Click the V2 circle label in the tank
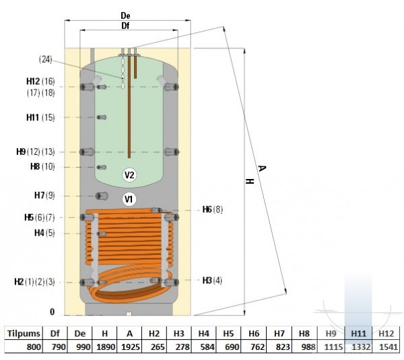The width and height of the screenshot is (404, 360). [129, 175]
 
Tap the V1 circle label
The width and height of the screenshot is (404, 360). [129, 199]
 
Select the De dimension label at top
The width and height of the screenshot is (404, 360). [125, 15]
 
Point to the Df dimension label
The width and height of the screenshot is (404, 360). [125, 26]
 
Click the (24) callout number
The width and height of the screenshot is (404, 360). [46, 60]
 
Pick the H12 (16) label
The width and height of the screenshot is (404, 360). [40, 81]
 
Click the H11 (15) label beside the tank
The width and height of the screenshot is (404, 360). [40, 118]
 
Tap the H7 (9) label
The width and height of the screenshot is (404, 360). [44, 195]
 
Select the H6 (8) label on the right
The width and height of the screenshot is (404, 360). [213, 210]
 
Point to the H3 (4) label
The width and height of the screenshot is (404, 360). [212, 280]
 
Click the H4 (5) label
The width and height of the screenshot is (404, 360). [44, 233]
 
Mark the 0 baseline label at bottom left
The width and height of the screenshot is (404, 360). [53, 312]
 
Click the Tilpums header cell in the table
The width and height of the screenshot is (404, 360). [24, 334]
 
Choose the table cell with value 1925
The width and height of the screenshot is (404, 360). [131, 347]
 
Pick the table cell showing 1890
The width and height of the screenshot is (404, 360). [106, 347]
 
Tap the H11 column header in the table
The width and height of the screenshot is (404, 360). [359, 334]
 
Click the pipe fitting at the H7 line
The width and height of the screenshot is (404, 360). [102, 196]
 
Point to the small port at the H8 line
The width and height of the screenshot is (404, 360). [102, 168]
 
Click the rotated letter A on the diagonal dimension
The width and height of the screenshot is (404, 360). [262, 169]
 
